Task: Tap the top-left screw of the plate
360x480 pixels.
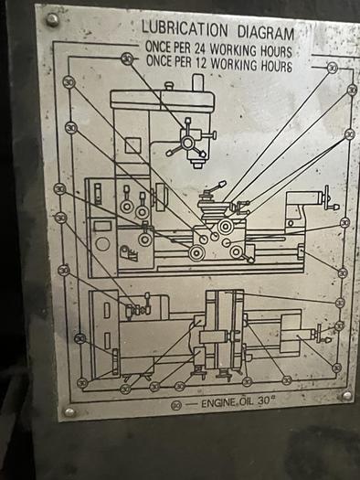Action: (52, 19)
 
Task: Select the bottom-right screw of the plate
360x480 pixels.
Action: (345, 395)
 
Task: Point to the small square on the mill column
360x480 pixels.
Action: (133, 145)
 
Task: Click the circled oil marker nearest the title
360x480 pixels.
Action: (127, 59)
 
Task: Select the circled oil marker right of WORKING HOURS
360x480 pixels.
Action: (332, 67)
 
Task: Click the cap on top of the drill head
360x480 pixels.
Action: (197, 83)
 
